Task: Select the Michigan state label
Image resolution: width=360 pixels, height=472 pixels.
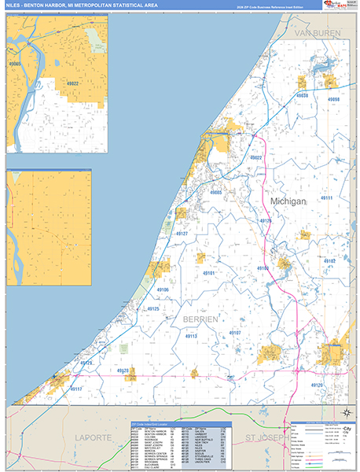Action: [x=287, y=201]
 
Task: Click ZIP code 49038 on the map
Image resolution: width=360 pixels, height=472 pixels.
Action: [x=301, y=94]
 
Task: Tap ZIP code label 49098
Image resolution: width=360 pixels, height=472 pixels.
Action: [x=334, y=100]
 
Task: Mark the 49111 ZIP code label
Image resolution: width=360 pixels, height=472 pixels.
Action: [x=327, y=198]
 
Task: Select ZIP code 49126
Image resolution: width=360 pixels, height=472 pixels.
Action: [x=266, y=221]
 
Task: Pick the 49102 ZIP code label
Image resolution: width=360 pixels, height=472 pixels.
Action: [x=329, y=260]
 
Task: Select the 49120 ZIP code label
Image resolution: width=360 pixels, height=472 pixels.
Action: [x=317, y=385]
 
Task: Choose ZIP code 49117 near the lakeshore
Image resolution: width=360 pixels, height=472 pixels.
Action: [x=76, y=389]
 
